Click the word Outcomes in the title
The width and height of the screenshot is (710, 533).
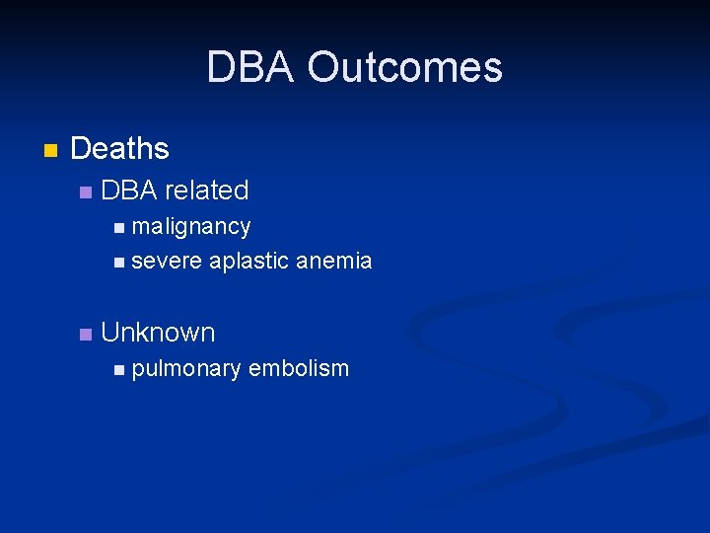click(x=404, y=68)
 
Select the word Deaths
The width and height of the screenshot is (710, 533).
click(x=119, y=149)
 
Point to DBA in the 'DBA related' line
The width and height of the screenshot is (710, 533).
click(x=129, y=190)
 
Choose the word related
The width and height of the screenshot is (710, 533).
click(x=207, y=190)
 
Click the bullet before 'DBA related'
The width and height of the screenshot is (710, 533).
click(x=86, y=191)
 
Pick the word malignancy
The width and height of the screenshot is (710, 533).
click(x=191, y=227)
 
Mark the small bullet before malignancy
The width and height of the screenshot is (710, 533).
click(x=118, y=228)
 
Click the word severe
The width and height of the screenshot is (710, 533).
click(x=166, y=262)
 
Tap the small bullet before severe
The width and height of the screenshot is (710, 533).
click(x=118, y=263)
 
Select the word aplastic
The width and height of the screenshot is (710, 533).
click(x=248, y=262)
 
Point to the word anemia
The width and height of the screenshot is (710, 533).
click(x=333, y=262)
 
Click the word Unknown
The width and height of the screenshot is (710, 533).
click(x=158, y=333)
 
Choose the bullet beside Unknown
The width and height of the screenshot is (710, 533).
click(x=86, y=335)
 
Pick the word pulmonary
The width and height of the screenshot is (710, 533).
click(x=185, y=369)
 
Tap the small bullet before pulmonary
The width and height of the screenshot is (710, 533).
click(x=118, y=370)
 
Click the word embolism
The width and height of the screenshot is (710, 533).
click(x=299, y=368)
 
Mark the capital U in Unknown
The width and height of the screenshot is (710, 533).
click(x=110, y=333)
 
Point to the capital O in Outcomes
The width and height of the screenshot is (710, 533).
click(x=322, y=68)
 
